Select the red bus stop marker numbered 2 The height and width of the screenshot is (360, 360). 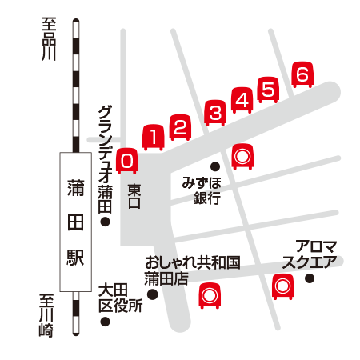181,127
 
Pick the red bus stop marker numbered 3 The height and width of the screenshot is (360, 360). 214,113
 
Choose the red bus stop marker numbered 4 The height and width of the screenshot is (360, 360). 242,99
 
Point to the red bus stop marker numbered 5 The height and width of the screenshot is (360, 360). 269,89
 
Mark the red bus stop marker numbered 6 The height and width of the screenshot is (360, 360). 302,74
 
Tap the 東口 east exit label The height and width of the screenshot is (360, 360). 134,197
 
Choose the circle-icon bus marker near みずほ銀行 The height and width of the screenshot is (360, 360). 242,155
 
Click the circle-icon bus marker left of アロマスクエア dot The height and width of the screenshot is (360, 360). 281,285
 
